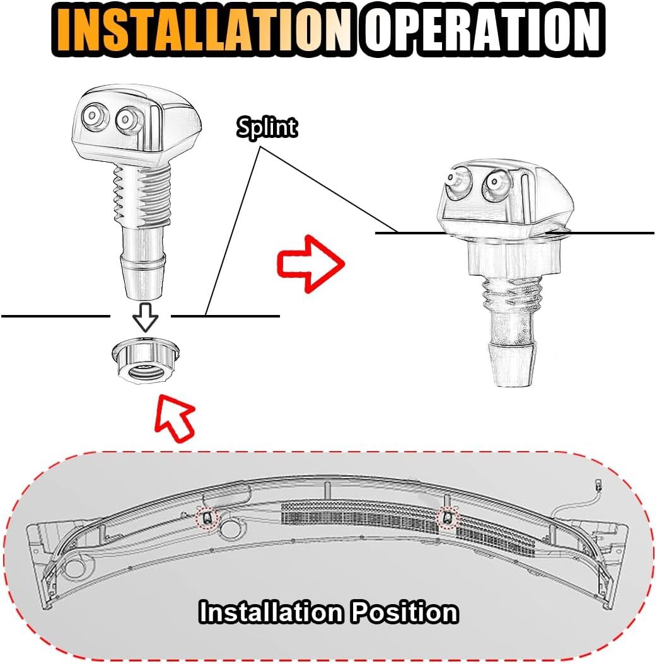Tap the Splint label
267,127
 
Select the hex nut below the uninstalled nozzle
146,361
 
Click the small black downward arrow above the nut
145,317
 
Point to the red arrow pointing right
311,263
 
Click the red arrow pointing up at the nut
175,418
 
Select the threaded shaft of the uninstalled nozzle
142,195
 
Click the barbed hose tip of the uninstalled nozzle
142,277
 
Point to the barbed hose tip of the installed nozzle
512,364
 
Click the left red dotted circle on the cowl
206,517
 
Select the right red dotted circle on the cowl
447,517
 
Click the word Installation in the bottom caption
271,612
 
